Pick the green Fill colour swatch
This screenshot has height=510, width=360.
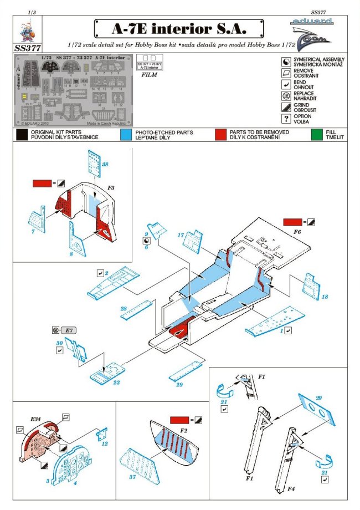pos(317,134)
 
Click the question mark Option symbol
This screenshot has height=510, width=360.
pos(286,118)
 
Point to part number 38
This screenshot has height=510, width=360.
pos(105,164)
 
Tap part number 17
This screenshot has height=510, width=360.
pos(181,234)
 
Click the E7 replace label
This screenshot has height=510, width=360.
pos(70,330)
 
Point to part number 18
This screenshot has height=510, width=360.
pos(325,297)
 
